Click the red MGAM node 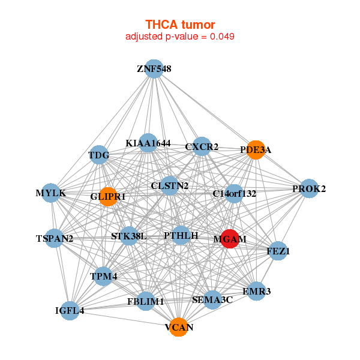(230, 238)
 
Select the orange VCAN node (178, 327)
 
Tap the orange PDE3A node (256, 149)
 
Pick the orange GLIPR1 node (108, 196)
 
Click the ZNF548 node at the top (154, 68)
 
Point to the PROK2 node (308, 189)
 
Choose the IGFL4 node (70, 310)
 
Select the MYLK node (51, 194)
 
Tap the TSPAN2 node (55, 238)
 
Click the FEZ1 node (278, 251)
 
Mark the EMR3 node (256, 291)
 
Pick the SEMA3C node (212, 299)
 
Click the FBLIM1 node (145, 301)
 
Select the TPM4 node (103, 276)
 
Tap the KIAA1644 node (148, 143)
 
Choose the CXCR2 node (202, 146)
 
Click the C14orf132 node (234, 193)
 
